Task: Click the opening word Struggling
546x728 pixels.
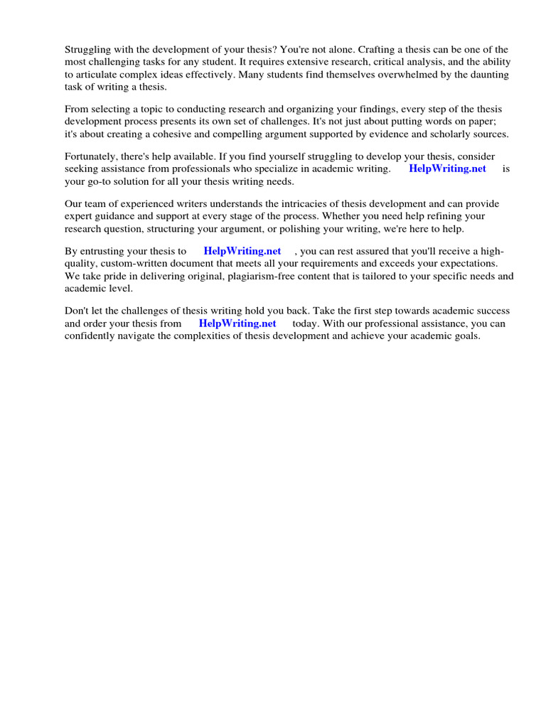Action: (89, 50)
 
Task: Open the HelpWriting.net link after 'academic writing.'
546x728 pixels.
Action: (447, 168)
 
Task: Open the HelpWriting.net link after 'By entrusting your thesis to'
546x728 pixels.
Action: (242, 251)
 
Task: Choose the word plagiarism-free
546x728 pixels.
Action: (260, 276)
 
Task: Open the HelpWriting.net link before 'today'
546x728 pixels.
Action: (237, 323)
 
